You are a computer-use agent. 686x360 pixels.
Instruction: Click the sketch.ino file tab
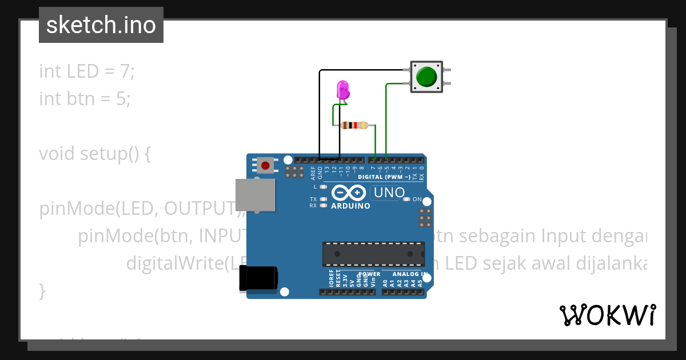[x=101, y=25]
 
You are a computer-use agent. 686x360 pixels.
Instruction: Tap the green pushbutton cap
[x=426, y=77]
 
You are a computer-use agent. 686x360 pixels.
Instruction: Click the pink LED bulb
[x=342, y=89]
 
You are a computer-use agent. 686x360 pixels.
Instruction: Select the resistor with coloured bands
[x=354, y=125]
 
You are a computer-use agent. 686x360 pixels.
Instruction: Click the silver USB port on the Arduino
[x=255, y=194]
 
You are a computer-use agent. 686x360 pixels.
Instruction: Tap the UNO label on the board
[x=389, y=193]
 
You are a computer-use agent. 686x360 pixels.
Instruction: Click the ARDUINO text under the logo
[x=350, y=206]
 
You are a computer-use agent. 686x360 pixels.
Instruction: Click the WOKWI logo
[x=607, y=315]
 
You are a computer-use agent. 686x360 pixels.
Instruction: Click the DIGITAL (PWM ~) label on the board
[x=384, y=177]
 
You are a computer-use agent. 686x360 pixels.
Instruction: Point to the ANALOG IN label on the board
[x=409, y=274]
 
